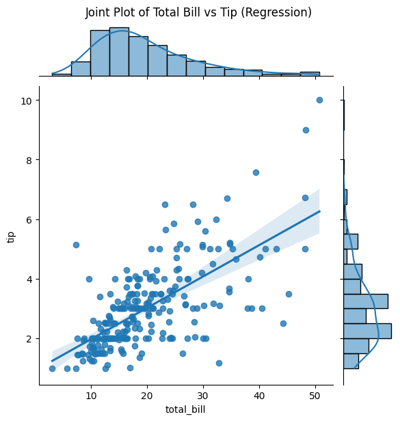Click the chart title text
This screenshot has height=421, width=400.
pos(198,13)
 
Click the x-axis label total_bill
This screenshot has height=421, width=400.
pos(186,410)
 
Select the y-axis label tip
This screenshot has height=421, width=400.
pos(11,236)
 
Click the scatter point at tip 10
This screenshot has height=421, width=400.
pos(319,100)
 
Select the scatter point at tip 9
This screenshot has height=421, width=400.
pos(306,130)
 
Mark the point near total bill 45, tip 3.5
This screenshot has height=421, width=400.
pos(289,294)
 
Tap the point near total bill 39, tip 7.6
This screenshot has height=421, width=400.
pos(256,172)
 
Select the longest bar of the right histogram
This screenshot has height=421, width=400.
pos(367,331)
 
